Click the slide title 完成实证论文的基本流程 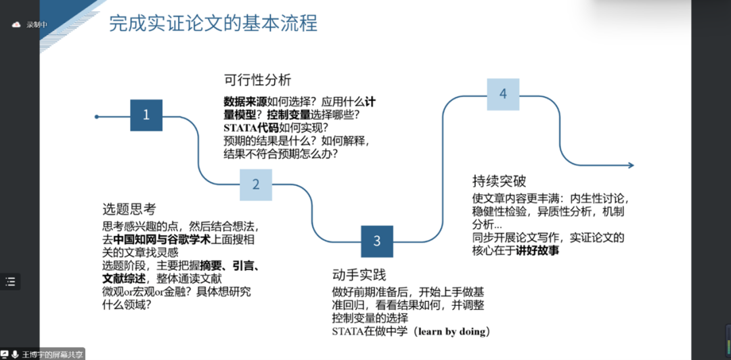point(213,24)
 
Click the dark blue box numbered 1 point(146,115)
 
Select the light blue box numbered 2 point(256,185)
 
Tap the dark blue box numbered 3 point(377,241)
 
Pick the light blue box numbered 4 point(503,94)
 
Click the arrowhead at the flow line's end point(629,165)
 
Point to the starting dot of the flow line point(97,117)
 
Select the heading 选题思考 point(129,209)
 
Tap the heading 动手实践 point(359,275)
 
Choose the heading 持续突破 point(499,181)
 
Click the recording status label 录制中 point(37,25)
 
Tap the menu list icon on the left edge point(12,282)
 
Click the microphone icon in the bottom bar point(15,354)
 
